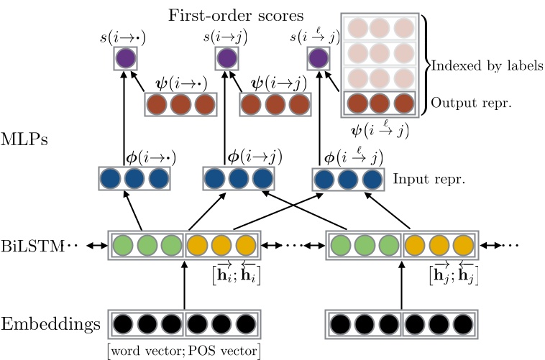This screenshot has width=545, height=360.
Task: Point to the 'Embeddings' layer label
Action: pyautogui.click(x=50, y=324)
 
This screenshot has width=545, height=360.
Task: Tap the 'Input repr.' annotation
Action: pyautogui.click(x=429, y=177)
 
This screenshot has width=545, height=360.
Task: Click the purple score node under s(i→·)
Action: pyautogui.click(x=125, y=57)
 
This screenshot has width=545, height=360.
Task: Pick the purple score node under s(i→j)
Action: pyautogui.click(x=226, y=57)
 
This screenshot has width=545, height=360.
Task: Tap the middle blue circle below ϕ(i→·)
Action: pyautogui.click(x=134, y=178)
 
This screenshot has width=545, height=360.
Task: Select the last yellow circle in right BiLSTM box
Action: pyautogui.click(x=464, y=245)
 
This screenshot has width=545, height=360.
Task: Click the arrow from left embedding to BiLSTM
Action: pyautogui.click(x=185, y=284)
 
